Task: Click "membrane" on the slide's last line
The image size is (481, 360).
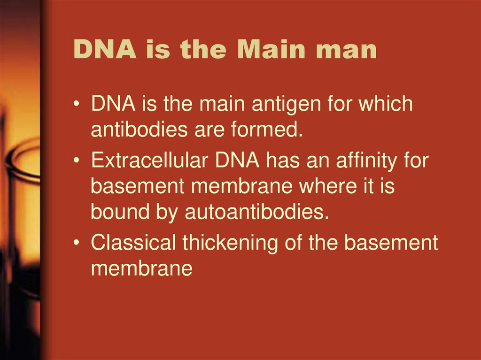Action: [x=141, y=268]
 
